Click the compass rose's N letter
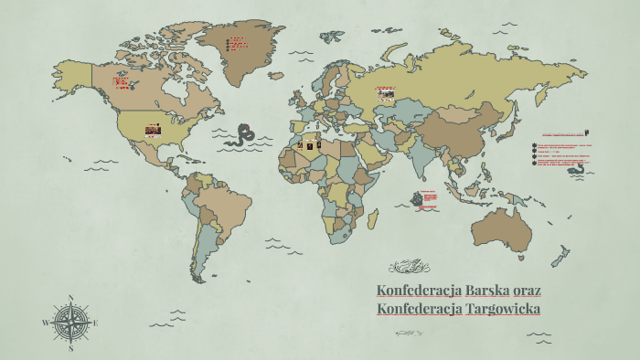point(70,298)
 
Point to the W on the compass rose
point(46,323)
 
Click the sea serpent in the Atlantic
point(244,134)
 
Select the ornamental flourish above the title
point(409,267)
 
